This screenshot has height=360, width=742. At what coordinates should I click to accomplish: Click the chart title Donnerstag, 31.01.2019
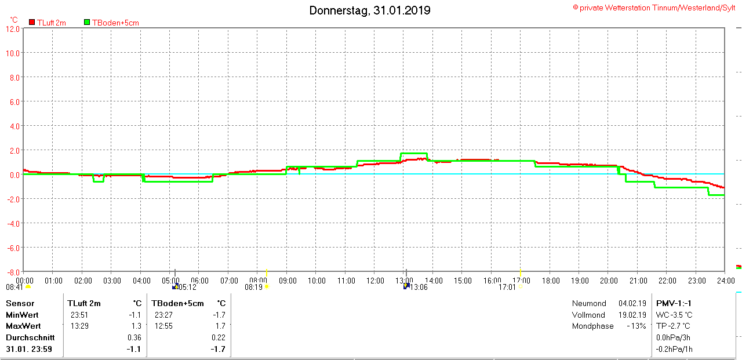[x=369, y=10]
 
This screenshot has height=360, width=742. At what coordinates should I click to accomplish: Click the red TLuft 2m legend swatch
[x=32, y=23]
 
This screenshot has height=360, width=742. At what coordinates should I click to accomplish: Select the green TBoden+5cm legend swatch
[x=88, y=23]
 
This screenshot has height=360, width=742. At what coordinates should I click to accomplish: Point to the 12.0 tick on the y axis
[x=13, y=28]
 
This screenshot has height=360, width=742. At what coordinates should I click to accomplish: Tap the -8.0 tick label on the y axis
[x=13, y=272]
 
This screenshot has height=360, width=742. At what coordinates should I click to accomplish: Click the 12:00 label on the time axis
[x=375, y=281]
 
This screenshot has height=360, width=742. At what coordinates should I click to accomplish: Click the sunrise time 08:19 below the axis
[x=253, y=287]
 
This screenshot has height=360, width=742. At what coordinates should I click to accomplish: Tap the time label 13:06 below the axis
[x=419, y=287]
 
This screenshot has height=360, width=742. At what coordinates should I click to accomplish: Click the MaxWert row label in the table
[x=22, y=326]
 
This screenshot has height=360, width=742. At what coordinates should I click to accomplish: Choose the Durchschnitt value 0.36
[x=134, y=337]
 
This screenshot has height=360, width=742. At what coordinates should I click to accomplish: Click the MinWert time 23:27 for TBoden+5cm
[x=163, y=315]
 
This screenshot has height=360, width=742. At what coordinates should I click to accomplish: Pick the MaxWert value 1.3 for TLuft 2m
[x=136, y=326]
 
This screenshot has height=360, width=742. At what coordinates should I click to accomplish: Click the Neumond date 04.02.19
[x=632, y=303]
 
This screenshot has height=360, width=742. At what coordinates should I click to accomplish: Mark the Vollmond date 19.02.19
[x=632, y=315]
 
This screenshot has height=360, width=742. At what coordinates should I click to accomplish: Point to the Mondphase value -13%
[x=636, y=326]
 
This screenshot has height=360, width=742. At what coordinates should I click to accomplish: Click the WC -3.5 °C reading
[x=674, y=315]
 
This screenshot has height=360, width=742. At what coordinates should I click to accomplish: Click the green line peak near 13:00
[x=413, y=154]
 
